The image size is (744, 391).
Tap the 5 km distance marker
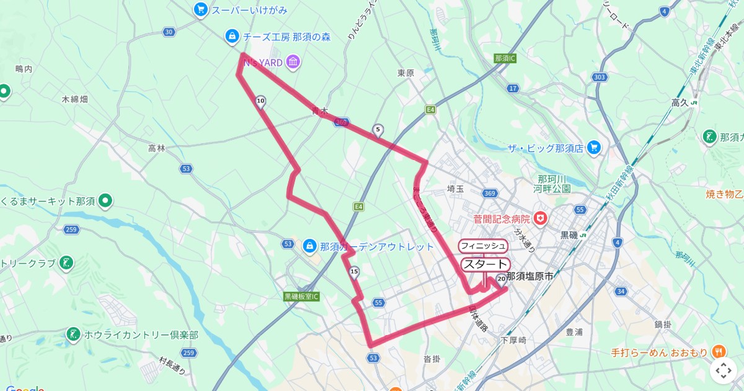click(x=378, y=130)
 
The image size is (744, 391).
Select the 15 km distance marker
click(x=355, y=272)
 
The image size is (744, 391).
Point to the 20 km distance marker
click(x=500, y=279)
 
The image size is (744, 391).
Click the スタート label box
click(x=484, y=264)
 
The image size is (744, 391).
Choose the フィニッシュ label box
click(x=483, y=246)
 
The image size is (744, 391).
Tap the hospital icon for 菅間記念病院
click(x=541, y=218)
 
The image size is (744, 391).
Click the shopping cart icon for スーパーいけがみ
click(x=200, y=9)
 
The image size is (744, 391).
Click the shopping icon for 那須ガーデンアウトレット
click(x=309, y=246)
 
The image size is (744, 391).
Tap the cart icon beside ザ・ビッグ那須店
click(x=595, y=148)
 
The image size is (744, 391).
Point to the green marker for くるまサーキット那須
click(x=106, y=200)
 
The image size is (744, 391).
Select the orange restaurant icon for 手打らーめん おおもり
click(x=719, y=352)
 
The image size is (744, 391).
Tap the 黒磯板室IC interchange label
click(x=301, y=297)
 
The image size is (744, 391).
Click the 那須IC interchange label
click(x=505, y=58)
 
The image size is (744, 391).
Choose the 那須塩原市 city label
click(x=529, y=276)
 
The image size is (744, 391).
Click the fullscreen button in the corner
click(x=724, y=371)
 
